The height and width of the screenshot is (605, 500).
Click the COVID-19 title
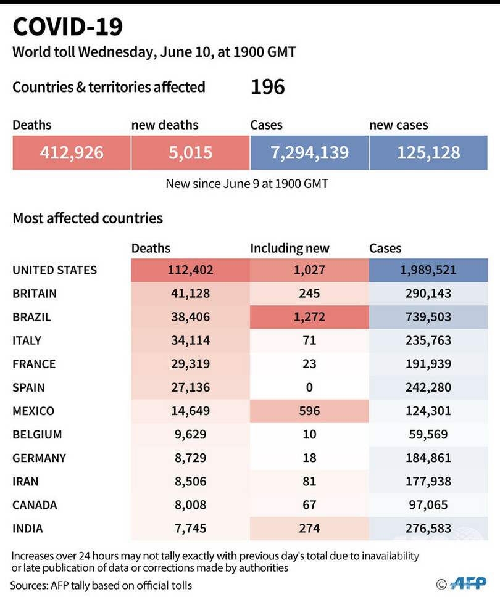68,27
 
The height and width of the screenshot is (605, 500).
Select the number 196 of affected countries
267,87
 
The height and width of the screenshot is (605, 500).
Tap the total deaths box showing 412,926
72,152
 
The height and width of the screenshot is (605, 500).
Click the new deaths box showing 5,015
190,152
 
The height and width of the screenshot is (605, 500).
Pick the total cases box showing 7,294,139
309,152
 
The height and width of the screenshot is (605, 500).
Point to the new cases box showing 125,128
428,152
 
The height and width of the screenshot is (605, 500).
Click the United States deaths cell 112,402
190,270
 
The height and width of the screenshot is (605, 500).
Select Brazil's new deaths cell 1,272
309,317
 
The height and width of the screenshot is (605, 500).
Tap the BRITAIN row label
35,294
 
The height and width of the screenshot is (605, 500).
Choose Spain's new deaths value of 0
309,387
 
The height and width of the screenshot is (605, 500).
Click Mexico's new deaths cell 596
309,411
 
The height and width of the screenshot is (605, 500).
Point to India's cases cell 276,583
428,529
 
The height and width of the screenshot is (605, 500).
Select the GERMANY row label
39,458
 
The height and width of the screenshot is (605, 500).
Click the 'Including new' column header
290,249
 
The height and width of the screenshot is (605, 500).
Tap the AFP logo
467,583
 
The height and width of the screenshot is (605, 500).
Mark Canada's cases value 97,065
428,505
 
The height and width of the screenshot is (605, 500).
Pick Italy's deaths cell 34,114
190,340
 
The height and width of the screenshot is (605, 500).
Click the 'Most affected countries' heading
88,218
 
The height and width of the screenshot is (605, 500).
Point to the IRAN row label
25,482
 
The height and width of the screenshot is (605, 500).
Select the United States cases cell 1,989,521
428,270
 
